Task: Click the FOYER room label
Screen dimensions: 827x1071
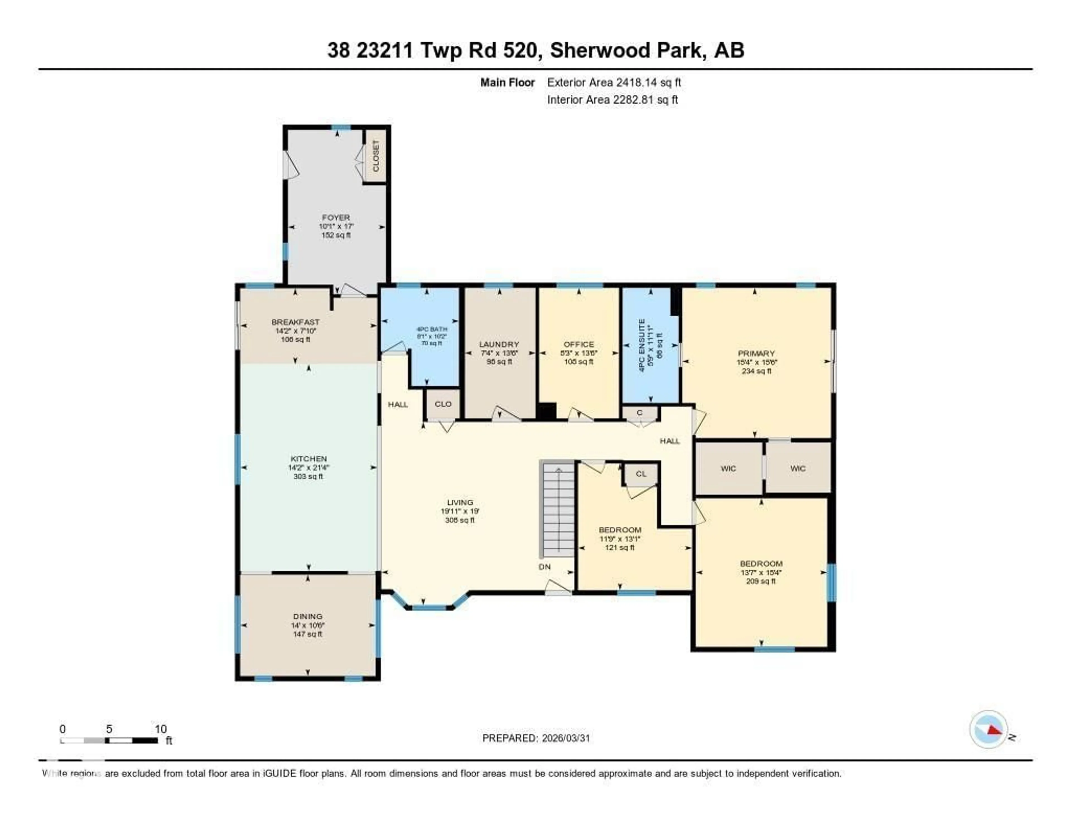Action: click(x=336, y=217)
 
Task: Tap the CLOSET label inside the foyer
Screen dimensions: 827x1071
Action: click(x=376, y=156)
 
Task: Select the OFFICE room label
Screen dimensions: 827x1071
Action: click(x=579, y=344)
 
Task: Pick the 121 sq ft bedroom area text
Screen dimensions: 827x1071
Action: click(x=620, y=548)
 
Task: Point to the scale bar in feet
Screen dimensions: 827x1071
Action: click(x=109, y=740)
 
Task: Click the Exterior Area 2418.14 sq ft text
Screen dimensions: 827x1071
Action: click(x=614, y=82)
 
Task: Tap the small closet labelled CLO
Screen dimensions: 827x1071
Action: click(x=443, y=404)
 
